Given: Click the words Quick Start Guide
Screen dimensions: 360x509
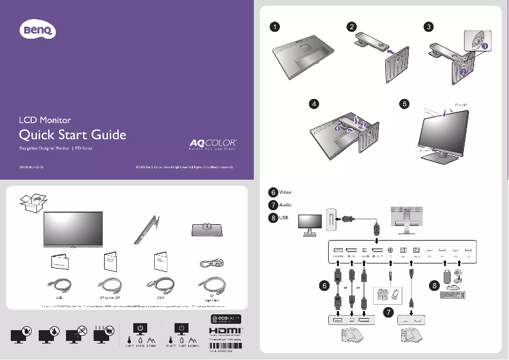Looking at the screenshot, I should click(73, 135).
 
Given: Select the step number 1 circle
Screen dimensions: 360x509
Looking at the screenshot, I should click(274, 27).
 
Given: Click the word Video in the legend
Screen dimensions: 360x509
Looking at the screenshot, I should click(286, 192).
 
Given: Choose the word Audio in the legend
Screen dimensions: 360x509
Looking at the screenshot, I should click(286, 205).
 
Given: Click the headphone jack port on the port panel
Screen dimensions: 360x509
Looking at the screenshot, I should click(389, 250).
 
